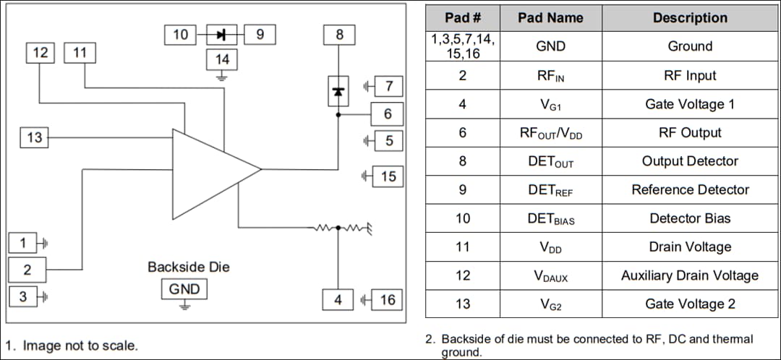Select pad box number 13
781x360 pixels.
coord(35,137)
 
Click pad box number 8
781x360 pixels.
coord(339,34)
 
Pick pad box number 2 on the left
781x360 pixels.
coord(27,270)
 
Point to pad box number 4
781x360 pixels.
coord(338,299)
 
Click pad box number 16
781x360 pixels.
coord(388,299)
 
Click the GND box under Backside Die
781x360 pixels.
coord(184,290)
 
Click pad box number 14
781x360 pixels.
coord(222,60)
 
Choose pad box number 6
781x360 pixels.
coord(388,113)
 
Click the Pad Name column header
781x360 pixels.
coord(550,18)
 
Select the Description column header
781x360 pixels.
coord(689,18)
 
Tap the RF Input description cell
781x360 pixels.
coord(689,76)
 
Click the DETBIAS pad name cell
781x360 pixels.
coord(550,219)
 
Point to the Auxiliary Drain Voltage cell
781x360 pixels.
coord(689,275)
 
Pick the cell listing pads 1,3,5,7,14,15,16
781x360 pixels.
coord(463,46)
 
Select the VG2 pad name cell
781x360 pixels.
coord(550,304)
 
